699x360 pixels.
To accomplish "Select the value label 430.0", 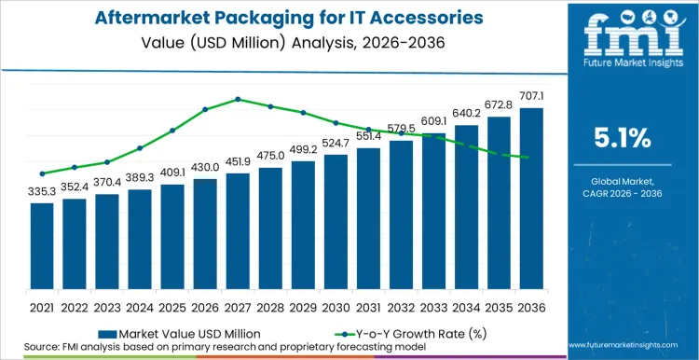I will [x=205, y=168].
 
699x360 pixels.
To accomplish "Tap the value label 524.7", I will [x=336, y=143].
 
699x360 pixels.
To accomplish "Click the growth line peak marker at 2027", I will [x=238, y=99].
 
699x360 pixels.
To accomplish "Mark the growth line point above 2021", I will [x=42, y=173].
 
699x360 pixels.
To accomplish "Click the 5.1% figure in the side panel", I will [x=622, y=138].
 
